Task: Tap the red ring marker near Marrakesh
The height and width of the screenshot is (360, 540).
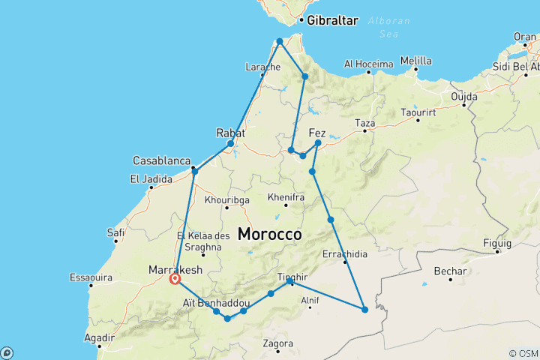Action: point(175,279)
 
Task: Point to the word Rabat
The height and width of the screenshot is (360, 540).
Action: point(230,133)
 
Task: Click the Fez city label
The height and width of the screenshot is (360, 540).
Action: point(317,133)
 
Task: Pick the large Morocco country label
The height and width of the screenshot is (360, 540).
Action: point(270,234)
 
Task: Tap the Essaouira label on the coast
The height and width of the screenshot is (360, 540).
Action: point(90,277)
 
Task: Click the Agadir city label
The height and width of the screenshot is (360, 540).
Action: point(100,337)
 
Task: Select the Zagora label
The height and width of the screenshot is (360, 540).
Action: point(278,344)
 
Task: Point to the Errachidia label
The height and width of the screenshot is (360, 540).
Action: point(346,254)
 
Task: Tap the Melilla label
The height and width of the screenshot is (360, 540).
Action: point(416,61)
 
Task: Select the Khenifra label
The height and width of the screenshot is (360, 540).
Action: point(286,197)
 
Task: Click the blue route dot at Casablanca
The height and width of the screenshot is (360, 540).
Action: point(195,172)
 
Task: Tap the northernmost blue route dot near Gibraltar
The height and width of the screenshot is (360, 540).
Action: point(279,41)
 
